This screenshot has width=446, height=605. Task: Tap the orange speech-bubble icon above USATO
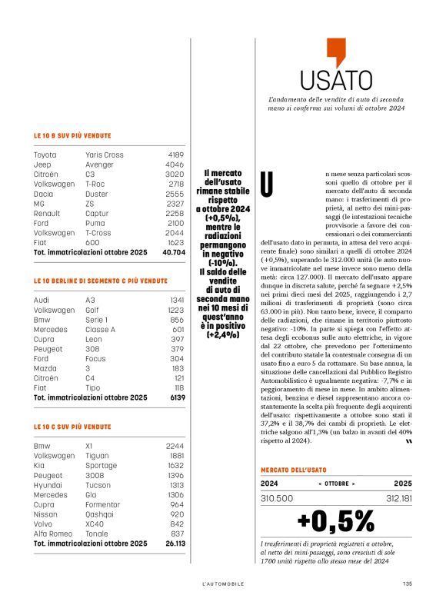[x=335, y=52]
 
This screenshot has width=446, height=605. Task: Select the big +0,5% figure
[x=335, y=520]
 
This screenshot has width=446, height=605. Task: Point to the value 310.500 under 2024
[x=277, y=498]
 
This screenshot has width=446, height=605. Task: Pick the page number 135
[x=407, y=583]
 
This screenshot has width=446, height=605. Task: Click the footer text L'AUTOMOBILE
[x=222, y=583]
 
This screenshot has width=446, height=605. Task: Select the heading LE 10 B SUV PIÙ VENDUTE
[x=72, y=135]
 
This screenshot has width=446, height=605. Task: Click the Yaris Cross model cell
[x=104, y=155]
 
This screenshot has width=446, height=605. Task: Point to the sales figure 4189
[x=175, y=155]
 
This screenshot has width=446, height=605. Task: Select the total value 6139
[x=176, y=397]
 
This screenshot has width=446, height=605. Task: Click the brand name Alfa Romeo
[x=52, y=534]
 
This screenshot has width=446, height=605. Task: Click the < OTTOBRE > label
[x=336, y=484]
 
